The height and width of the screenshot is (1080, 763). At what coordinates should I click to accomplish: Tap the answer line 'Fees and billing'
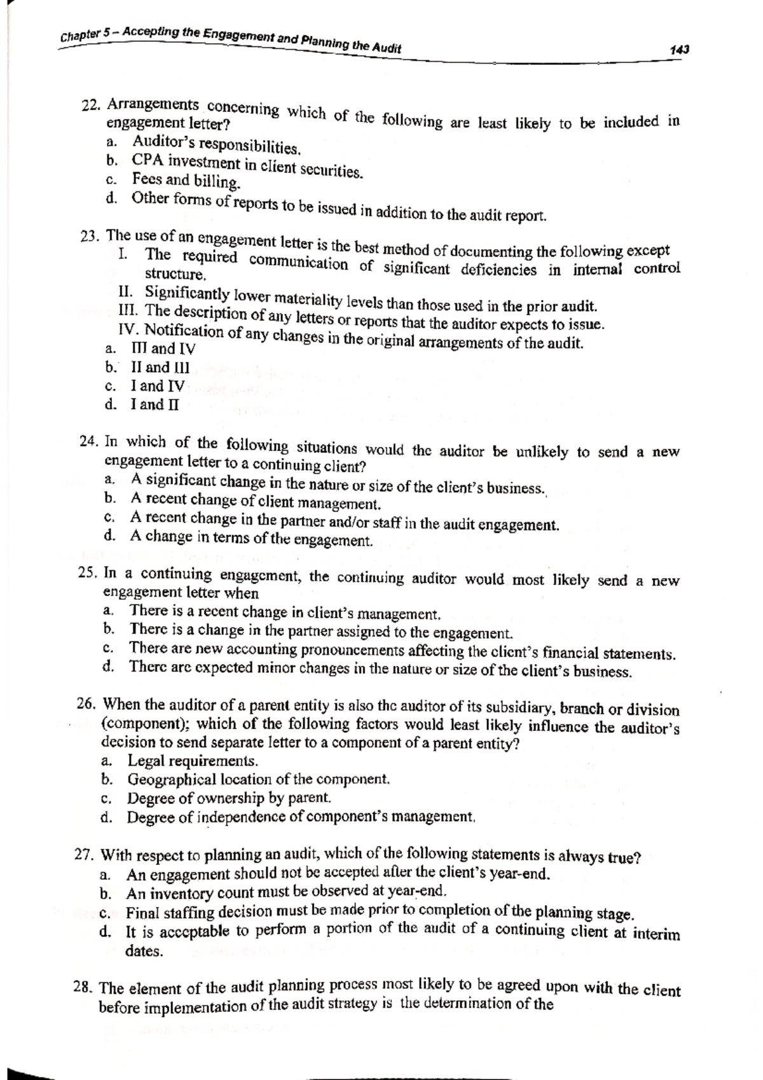[x=186, y=181]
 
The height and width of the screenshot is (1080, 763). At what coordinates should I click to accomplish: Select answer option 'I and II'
[x=155, y=405]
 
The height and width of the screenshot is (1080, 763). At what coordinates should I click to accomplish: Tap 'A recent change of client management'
[x=256, y=501]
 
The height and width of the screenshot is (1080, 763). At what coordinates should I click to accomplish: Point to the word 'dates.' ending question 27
[x=144, y=952]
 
